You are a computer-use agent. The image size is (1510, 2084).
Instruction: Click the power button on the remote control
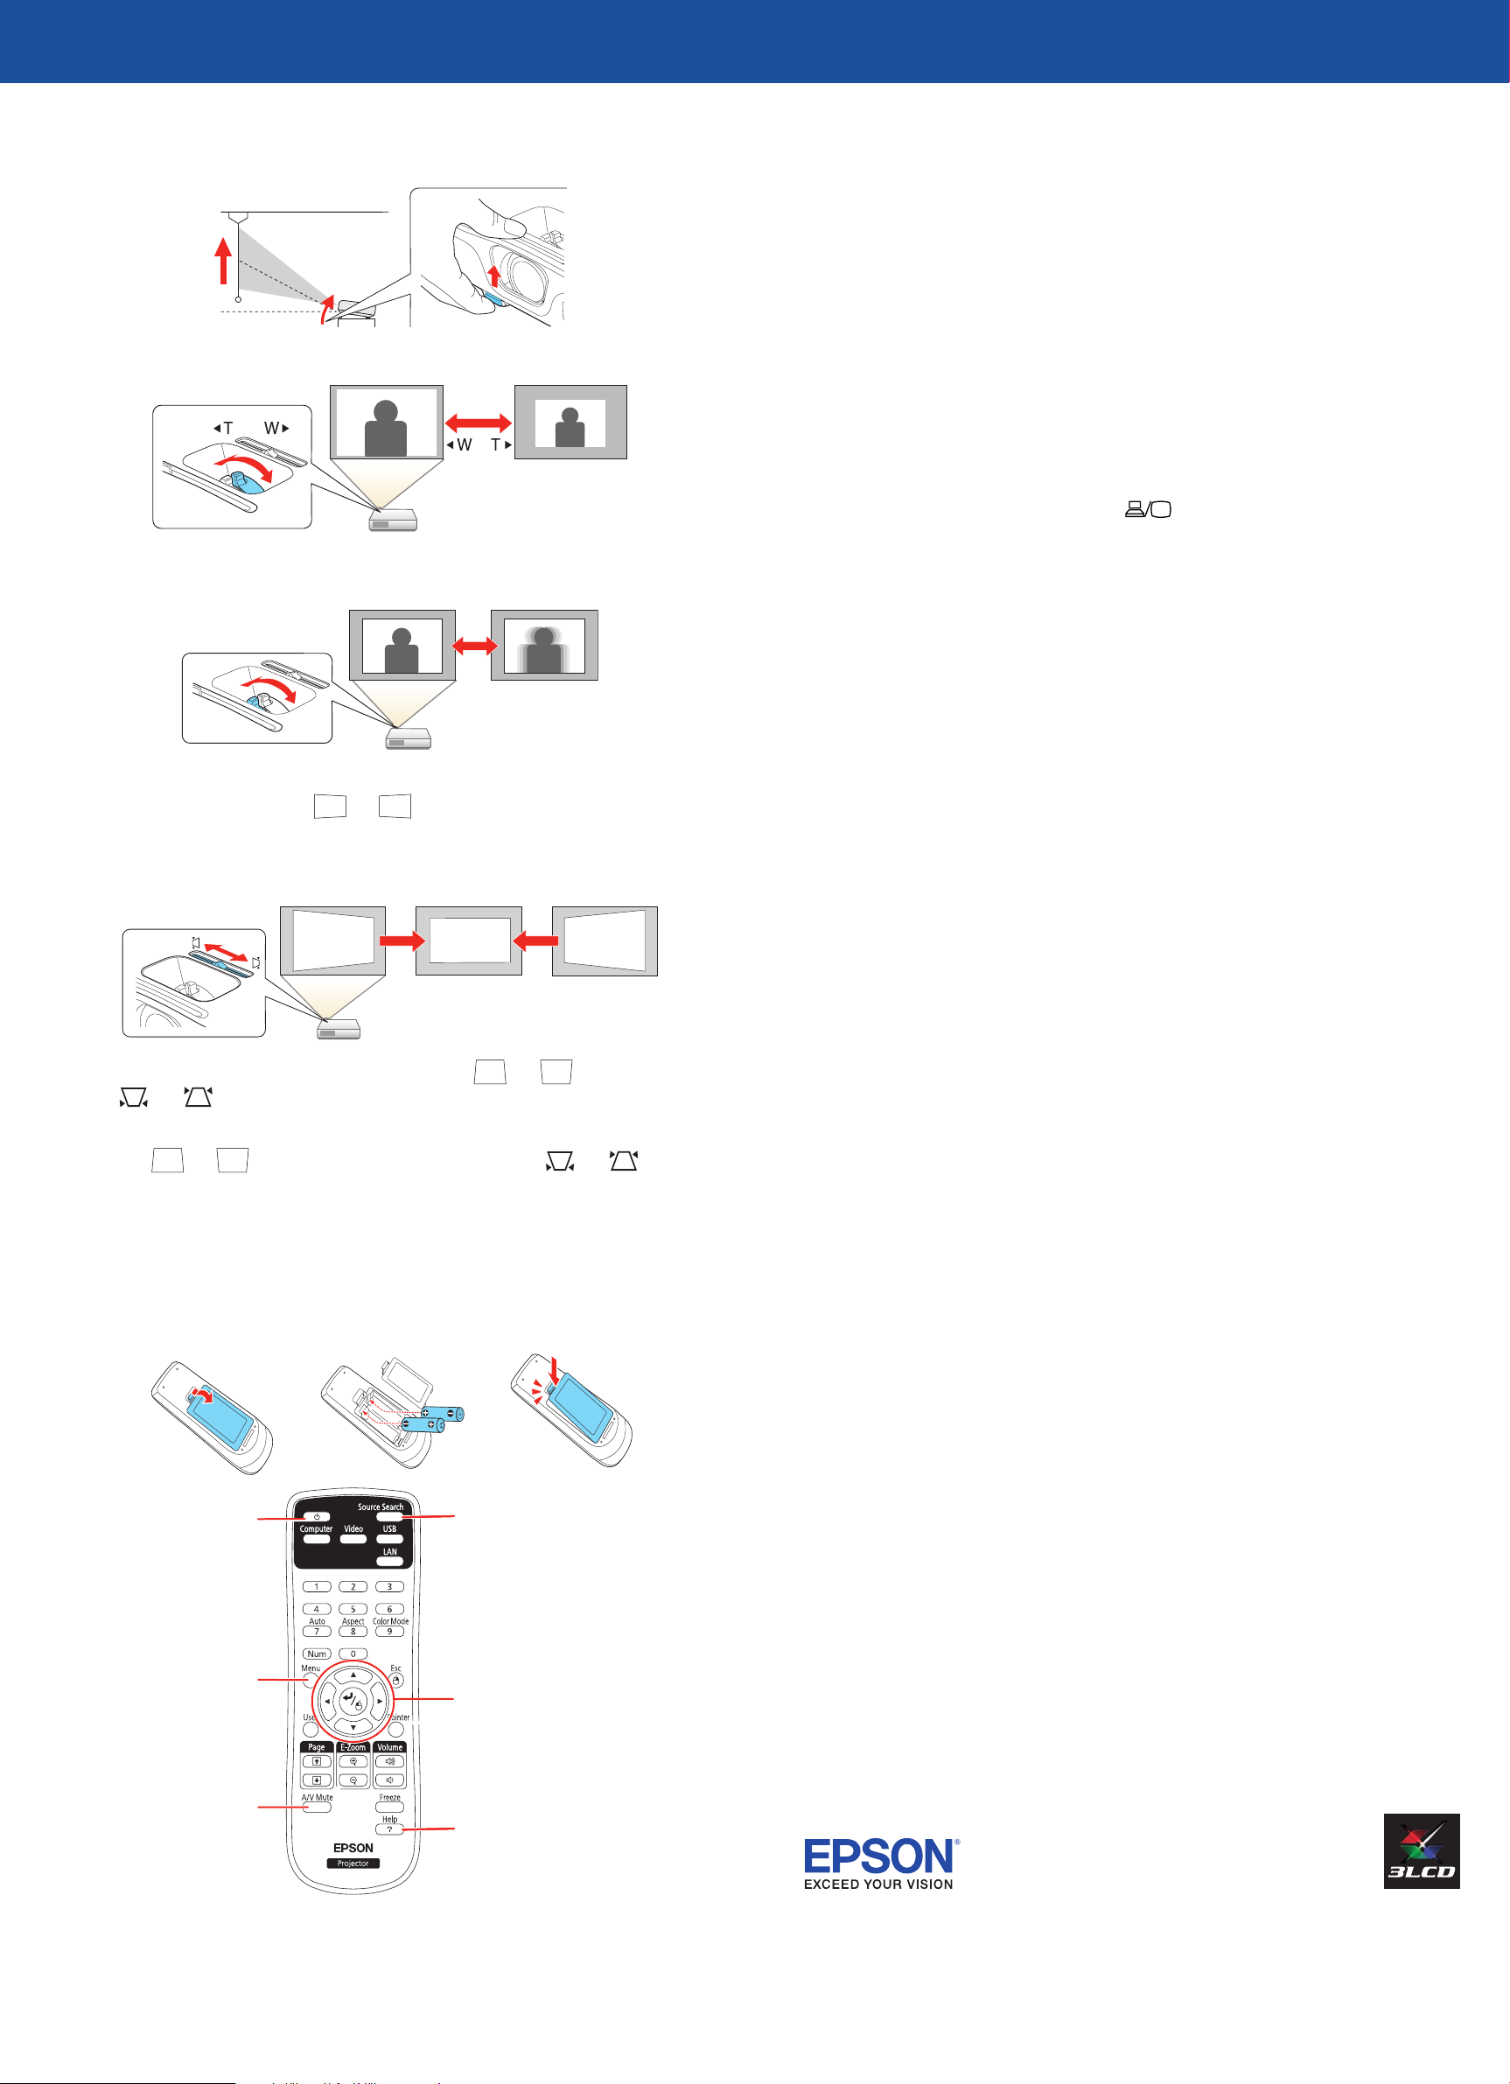[316, 1516]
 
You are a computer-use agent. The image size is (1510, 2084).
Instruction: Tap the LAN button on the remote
[389, 1561]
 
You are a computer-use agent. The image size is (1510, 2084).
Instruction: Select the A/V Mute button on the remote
[316, 1808]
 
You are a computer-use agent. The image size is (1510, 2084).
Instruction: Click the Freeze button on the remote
[389, 1808]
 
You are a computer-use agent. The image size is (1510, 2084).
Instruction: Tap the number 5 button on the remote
[353, 1609]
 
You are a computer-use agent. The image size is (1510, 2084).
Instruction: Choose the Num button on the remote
[316, 1653]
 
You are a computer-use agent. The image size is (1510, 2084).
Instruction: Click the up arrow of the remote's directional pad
[353, 1675]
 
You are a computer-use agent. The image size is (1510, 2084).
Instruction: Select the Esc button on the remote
[396, 1681]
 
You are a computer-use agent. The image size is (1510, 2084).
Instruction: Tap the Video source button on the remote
[353, 1538]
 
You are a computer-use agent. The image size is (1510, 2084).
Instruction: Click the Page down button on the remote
[316, 1780]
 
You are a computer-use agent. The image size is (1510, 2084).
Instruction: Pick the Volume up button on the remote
[389, 1761]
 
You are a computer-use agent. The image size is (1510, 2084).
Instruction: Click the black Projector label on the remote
[353, 1864]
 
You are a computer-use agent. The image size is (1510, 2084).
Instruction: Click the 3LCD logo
[1421, 1850]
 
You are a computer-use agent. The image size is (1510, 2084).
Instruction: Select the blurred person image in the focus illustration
[544, 645]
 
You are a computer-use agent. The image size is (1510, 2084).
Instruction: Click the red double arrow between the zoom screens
[478, 422]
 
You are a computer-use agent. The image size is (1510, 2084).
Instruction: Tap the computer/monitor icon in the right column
[1149, 509]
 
